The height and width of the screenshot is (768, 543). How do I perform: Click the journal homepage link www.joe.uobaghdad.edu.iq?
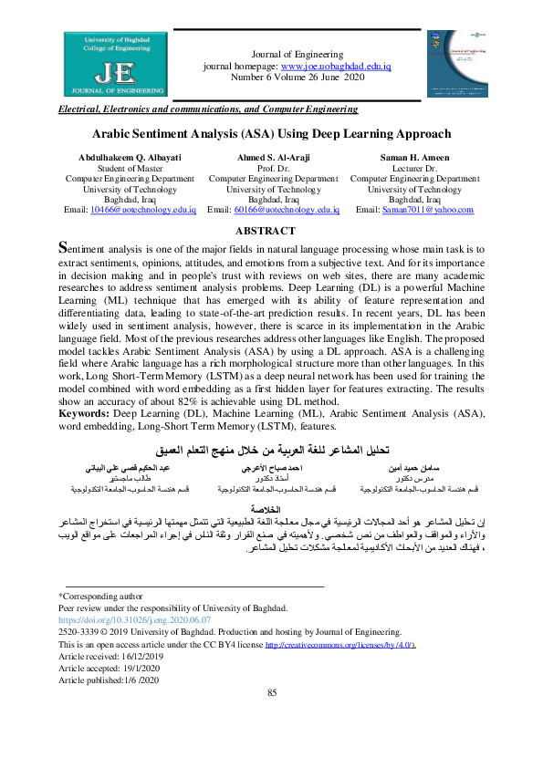tap(336, 67)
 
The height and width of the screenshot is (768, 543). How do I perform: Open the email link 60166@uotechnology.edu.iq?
tap(287, 210)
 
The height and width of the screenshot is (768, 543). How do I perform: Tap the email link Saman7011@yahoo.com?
tap(427, 210)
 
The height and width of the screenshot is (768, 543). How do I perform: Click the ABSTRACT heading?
tap(272, 232)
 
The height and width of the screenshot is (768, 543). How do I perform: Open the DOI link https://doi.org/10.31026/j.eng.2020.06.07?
tap(134, 619)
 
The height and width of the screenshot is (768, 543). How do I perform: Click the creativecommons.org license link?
tap(339, 645)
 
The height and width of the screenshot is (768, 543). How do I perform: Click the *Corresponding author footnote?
tap(101, 595)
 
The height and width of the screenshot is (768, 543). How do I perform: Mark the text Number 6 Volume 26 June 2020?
tap(297, 78)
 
